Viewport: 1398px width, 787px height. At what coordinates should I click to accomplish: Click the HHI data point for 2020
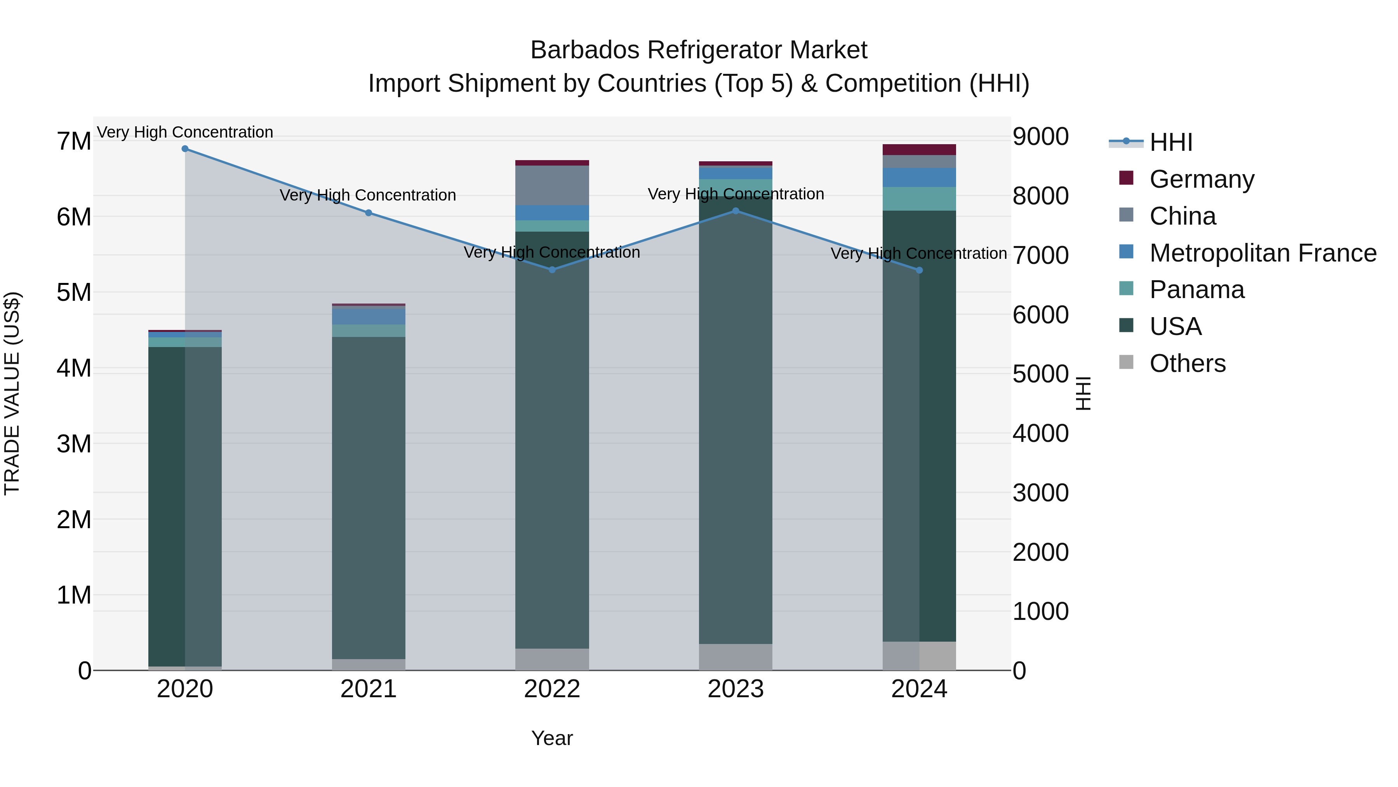(x=185, y=149)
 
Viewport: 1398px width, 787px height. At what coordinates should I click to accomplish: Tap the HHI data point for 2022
(x=552, y=269)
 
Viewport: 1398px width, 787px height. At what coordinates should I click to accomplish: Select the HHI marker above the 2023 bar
(x=736, y=211)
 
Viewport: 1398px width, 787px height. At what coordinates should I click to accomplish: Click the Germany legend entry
(x=1202, y=179)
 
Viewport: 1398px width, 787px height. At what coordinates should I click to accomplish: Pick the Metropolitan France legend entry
(x=1262, y=253)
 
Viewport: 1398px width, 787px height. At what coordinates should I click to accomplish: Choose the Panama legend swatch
(x=1126, y=288)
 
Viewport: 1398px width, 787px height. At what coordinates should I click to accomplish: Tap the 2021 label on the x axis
(x=369, y=689)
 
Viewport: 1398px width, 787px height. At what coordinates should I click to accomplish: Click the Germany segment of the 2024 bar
(x=919, y=150)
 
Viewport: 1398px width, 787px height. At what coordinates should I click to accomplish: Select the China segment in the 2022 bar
(x=552, y=185)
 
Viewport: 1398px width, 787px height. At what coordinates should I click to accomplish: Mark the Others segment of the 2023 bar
(x=736, y=657)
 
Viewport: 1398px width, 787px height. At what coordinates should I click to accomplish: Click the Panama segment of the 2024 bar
(x=919, y=199)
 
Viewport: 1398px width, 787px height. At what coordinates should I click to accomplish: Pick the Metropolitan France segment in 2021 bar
(x=369, y=316)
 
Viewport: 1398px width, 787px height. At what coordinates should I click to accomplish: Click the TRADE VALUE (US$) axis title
(x=12, y=393)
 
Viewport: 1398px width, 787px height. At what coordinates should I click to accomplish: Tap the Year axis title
(x=552, y=738)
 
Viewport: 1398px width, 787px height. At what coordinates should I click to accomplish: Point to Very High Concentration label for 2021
(x=368, y=195)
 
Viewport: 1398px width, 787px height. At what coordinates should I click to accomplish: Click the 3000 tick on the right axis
(x=1040, y=493)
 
